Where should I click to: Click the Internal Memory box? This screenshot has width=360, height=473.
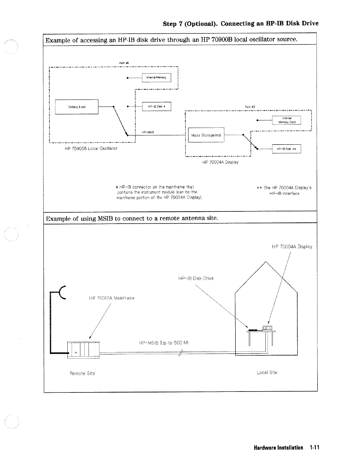pyautogui.click(x=156, y=78)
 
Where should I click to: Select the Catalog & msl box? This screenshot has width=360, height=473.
pyautogui.click(x=77, y=107)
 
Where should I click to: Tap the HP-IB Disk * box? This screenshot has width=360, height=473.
pyautogui.click(x=156, y=107)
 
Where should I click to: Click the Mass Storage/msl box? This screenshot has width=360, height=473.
pyautogui.click(x=206, y=135)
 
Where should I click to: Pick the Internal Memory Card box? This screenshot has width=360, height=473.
pyautogui.click(x=287, y=120)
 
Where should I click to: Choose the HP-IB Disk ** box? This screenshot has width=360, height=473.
pyautogui.click(x=287, y=149)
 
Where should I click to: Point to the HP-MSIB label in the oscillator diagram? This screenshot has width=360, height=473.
pyautogui.click(x=148, y=132)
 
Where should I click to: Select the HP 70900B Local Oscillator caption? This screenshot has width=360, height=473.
pyautogui.click(x=91, y=149)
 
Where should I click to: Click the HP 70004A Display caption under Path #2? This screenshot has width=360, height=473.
pyautogui.click(x=220, y=162)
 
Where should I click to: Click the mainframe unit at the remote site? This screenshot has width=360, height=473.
pyautogui.click(x=83, y=350)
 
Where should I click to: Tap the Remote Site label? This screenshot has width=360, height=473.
pyautogui.click(x=82, y=373)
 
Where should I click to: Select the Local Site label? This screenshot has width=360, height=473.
pyautogui.click(x=267, y=373)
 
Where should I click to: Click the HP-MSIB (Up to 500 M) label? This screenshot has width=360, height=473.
pyautogui.click(x=163, y=343)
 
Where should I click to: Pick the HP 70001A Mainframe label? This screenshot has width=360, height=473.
pyautogui.click(x=111, y=298)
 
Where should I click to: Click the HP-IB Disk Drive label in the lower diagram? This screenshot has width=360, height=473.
pyautogui.click(x=196, y=278)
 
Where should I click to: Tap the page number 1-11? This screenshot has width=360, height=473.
pyautogui.click(x=314, y=448)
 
